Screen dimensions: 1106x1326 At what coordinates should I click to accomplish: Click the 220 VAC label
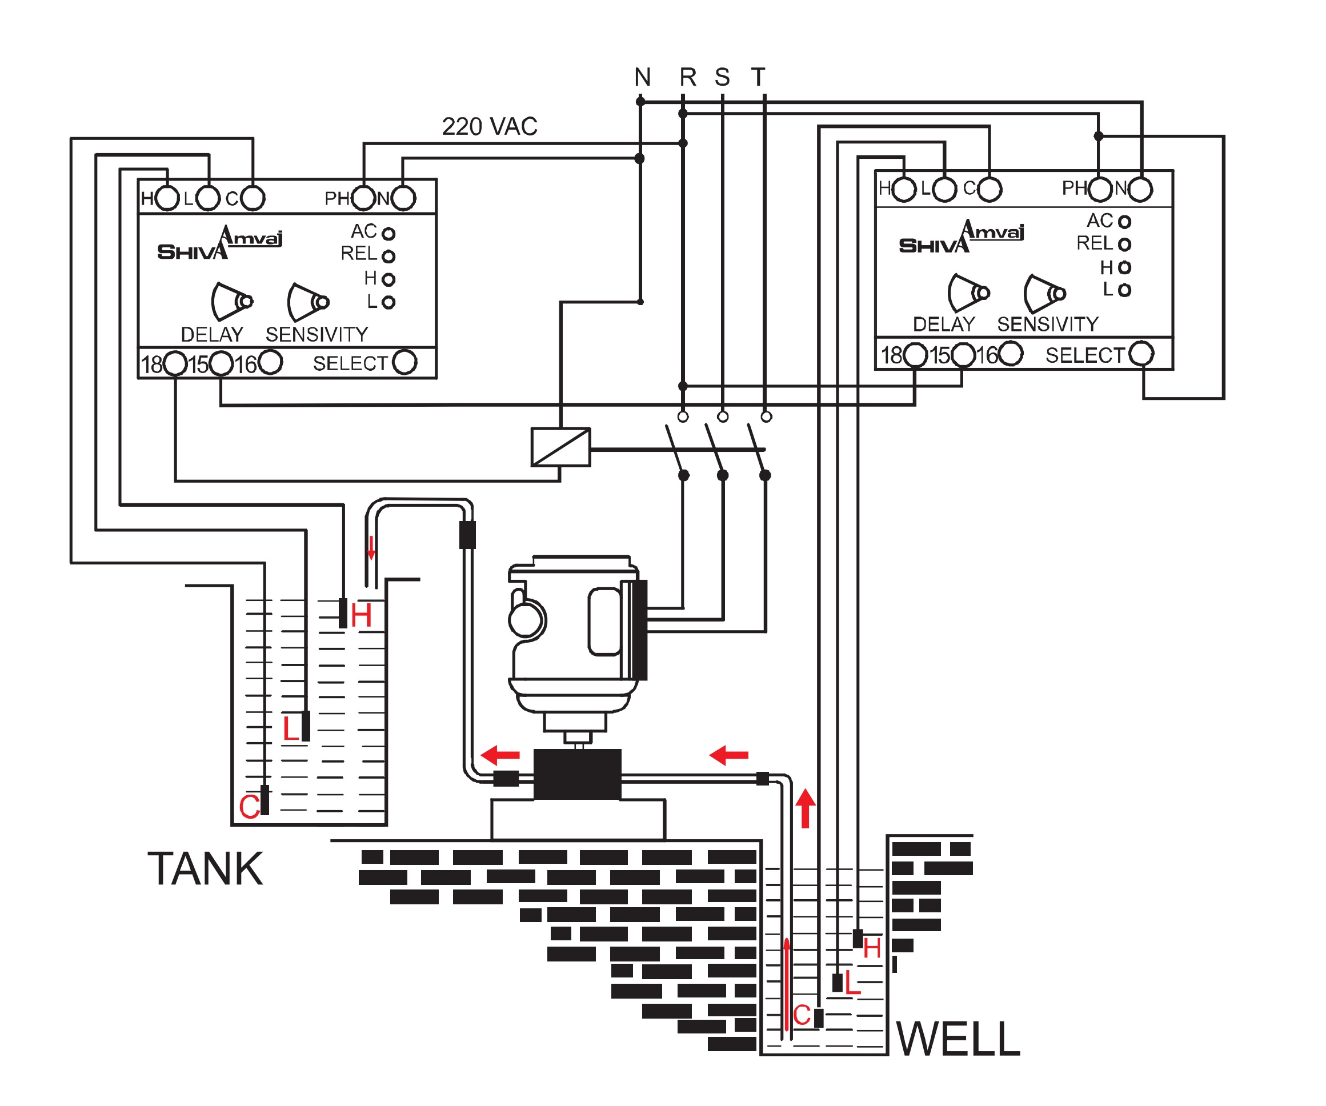coord(490,127)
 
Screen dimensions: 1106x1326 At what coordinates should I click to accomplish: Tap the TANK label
coord(205,869)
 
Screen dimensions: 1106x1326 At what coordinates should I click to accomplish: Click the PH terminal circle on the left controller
coord(364,198)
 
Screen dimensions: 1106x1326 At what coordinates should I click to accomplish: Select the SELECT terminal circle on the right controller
coord(1141,354)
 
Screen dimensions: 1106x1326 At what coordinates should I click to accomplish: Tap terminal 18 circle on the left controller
coord(175,363)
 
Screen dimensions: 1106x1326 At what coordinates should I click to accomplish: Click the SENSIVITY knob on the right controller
coord(1044,293)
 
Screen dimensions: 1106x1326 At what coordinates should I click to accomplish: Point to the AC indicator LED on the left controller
coord(389,234)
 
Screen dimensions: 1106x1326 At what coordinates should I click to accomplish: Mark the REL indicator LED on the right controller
coord(1124,245)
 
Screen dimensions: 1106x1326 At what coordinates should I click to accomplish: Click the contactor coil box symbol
coord(560,447)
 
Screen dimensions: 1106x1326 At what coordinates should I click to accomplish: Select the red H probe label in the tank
coord(361,615)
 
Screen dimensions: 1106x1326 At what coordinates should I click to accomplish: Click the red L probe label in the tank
coord(290,729)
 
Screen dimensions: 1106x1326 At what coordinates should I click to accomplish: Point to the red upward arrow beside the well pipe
coord(805,809)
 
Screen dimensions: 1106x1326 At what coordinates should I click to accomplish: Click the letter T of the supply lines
coord(758,78)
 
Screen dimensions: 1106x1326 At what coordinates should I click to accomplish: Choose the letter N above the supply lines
coord(642,78)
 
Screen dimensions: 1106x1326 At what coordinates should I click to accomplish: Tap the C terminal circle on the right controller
coord(990,189)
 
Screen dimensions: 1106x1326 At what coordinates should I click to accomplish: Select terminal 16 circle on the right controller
coord(1011,354)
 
